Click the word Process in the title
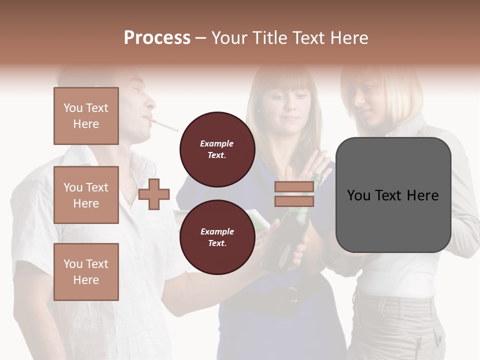point(157,38)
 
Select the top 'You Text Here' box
point(86,116)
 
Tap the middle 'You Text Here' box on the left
point(86,195)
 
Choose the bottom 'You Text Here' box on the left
point(86,272)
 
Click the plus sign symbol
point(154,194)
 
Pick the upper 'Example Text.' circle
point(217,149)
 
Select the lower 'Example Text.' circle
point(217,237)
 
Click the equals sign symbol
point(294,194)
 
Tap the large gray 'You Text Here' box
point(393,195)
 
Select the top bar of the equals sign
point(294,186)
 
